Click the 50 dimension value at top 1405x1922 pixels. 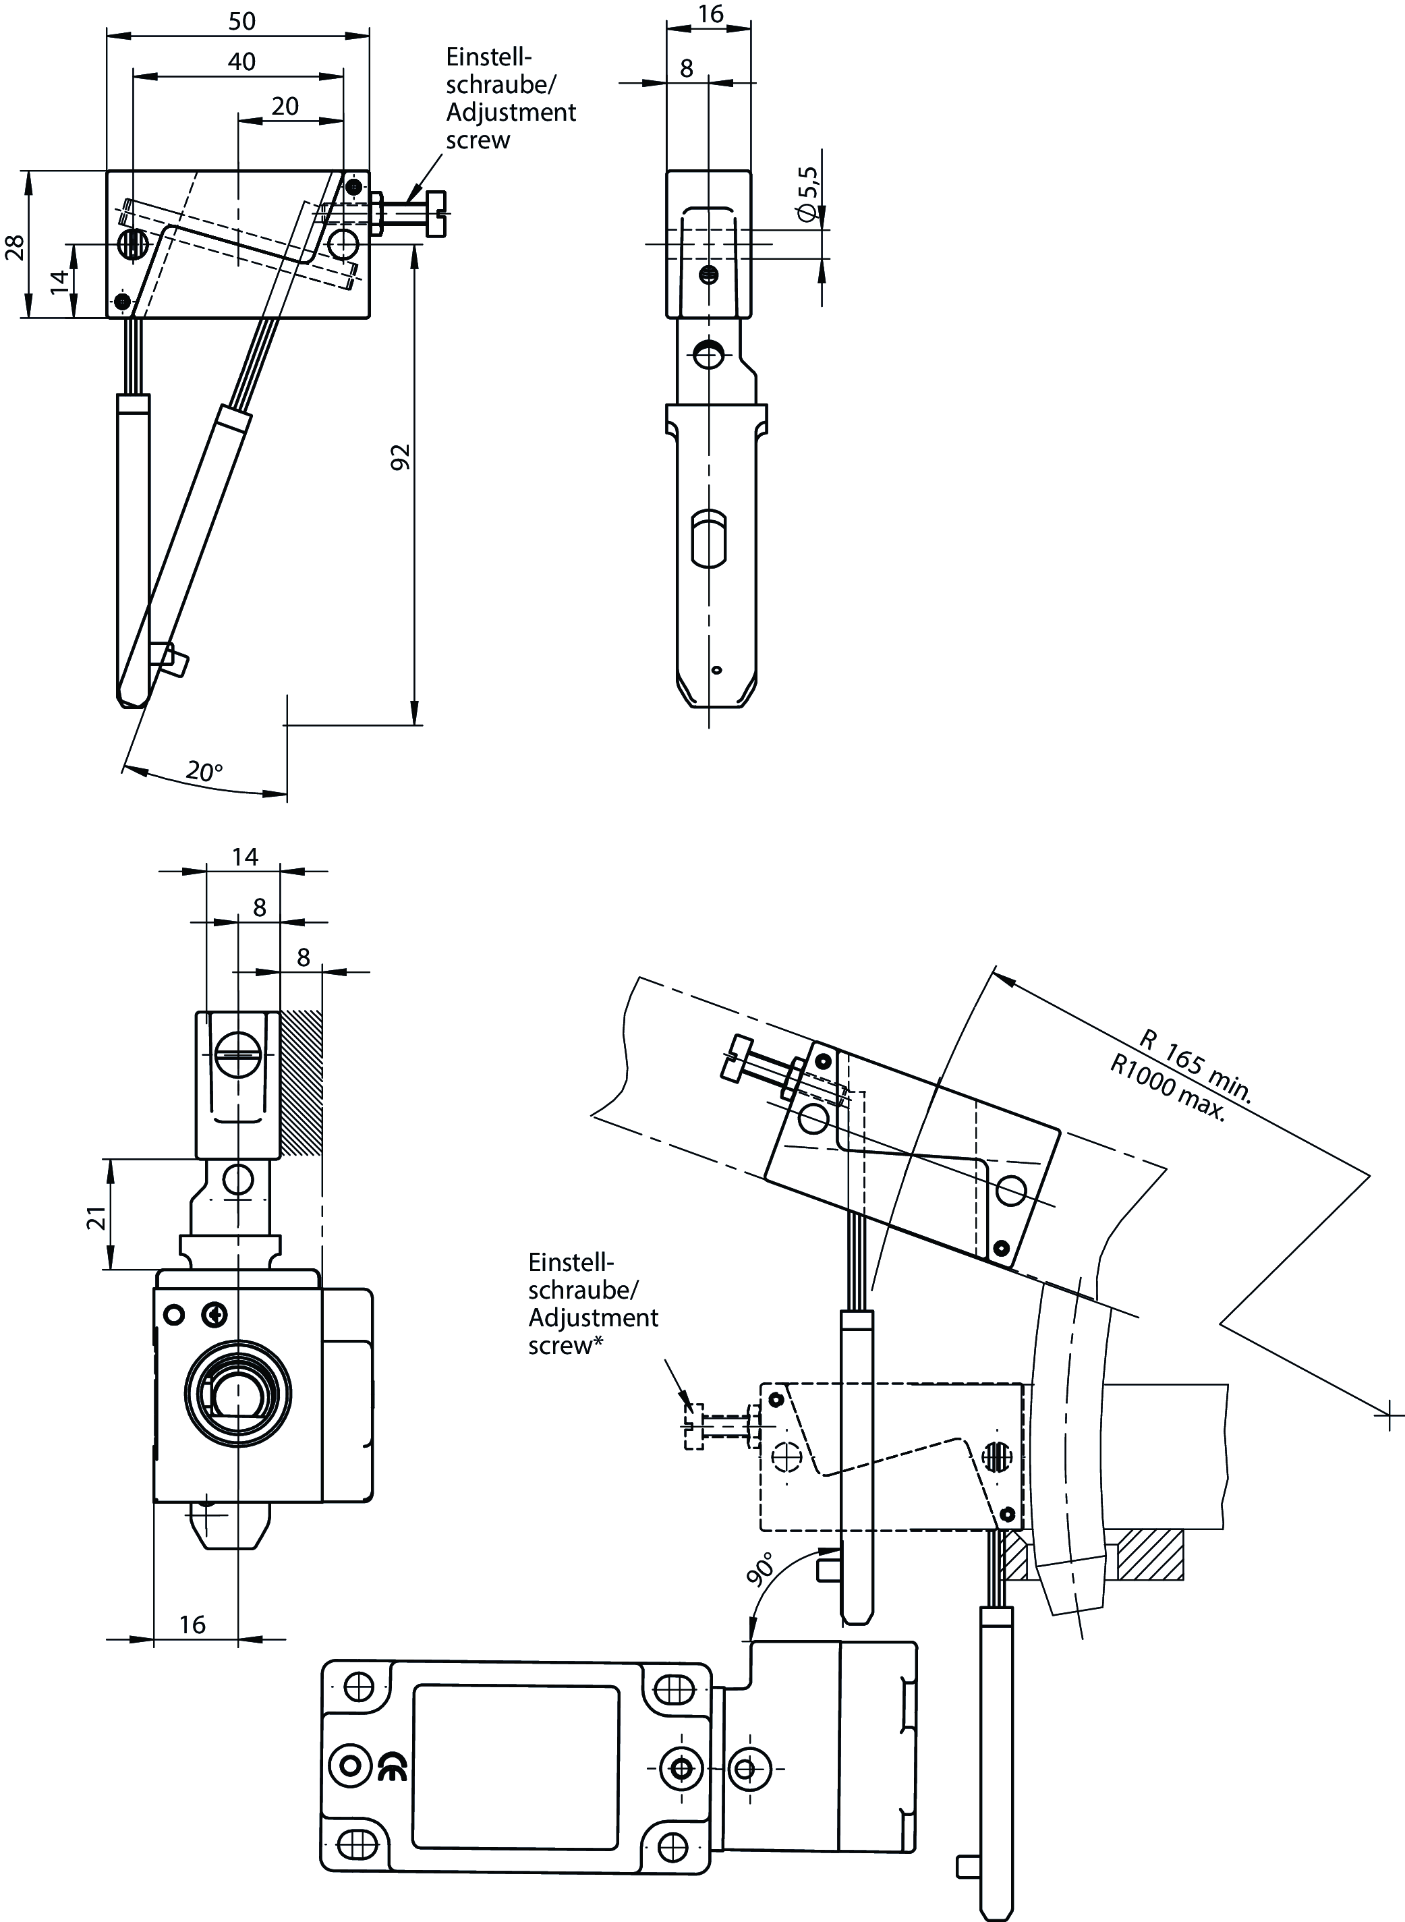pyautogui.click(x=241, y=22)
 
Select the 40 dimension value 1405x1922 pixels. pyautogui.click(x=241, y=62)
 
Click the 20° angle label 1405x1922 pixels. pyautogui.click(x=204, y=771)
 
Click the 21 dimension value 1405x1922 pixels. pyautogui.click(x=98, y=1217)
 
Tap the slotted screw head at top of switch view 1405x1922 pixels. pyautogui.click(x=239, y=1054)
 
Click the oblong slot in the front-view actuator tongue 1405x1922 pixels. pyautogui.click(x=708, y=538)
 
